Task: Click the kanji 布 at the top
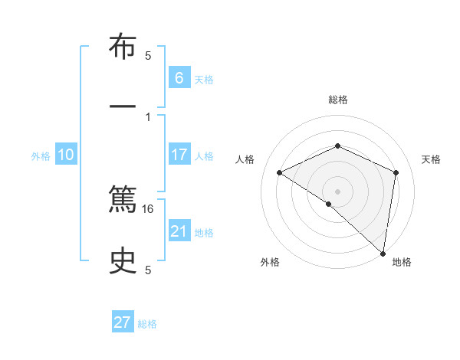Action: coord(123,47)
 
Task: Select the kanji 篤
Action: coord(123,201)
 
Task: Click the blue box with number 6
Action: coord(179,77)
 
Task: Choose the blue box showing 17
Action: coord(179,154)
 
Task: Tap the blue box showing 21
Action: coord(179,231)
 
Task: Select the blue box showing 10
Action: coord(65,155)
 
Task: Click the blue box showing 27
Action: coord(123,322)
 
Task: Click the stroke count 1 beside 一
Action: coord(148,116)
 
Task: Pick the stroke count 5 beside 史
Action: coord(148,270)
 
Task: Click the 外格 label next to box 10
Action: coord(41,155)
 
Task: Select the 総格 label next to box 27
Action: coord(147,324)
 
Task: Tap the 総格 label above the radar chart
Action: coord(337,100)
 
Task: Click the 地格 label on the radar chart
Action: coord(402,262)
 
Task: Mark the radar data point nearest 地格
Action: coord(383,253)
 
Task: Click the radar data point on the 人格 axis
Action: coord(280,172)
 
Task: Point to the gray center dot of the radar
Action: coord(337,191)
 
